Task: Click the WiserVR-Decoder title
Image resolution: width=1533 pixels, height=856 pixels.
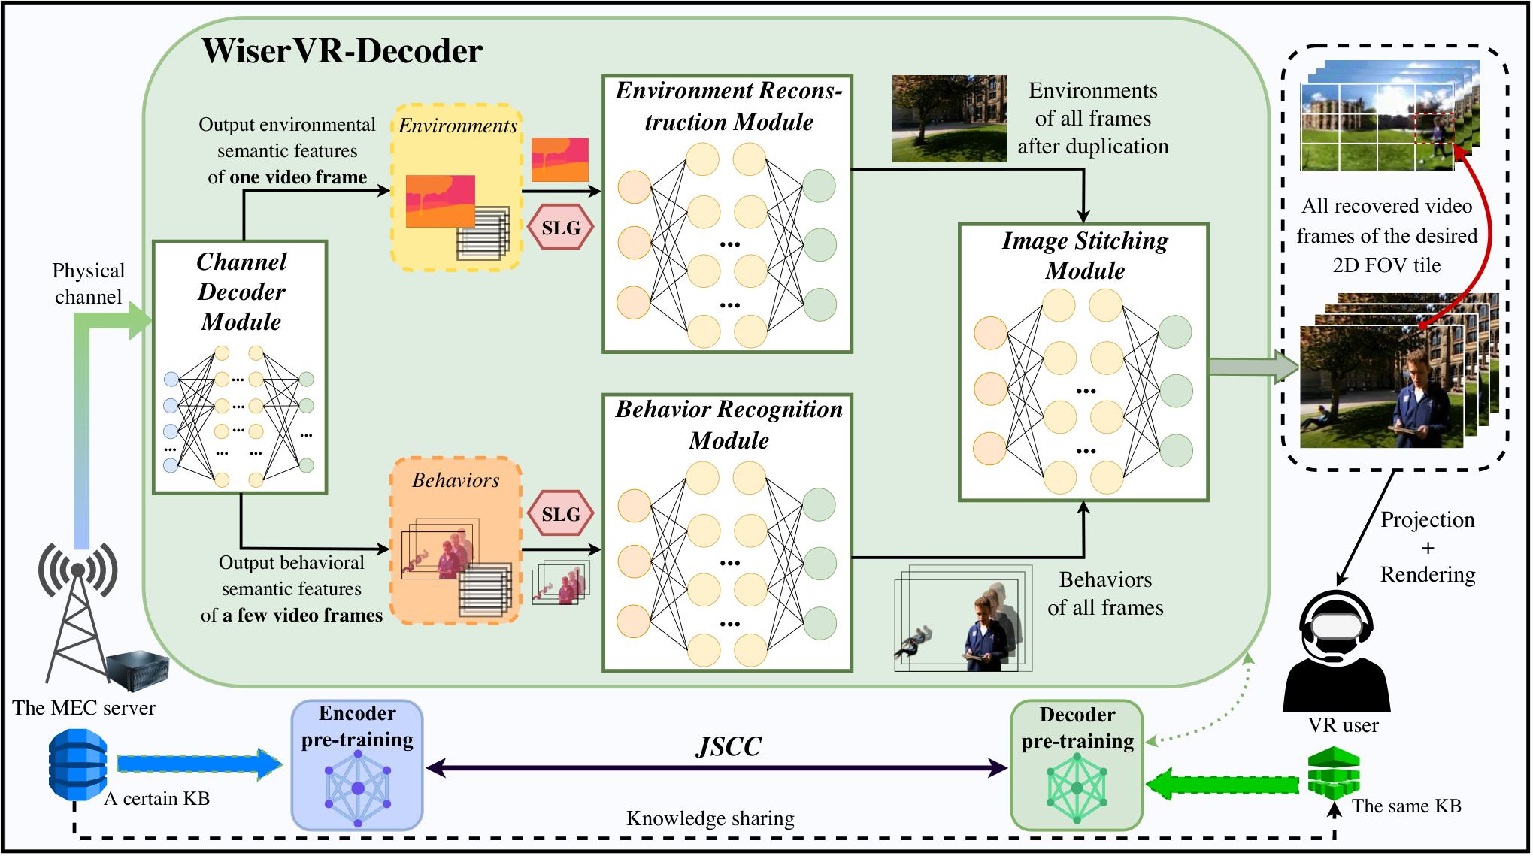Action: click(342, 51)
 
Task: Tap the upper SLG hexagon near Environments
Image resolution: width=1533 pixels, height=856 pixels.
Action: click(561, 227)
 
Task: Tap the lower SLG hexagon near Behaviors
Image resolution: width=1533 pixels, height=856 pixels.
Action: click(561, 513)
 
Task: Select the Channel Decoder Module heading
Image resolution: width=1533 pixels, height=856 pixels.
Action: click(241, 292)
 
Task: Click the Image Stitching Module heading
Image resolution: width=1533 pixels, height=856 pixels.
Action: click(1085, 256)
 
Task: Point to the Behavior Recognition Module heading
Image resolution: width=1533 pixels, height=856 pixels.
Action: click(729, 425)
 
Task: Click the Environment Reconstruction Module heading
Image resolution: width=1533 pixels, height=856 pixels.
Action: click(729, 106)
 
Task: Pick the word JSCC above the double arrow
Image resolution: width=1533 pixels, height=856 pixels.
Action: click(729, 746)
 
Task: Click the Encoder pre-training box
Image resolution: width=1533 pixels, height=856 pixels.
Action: click(357, 765)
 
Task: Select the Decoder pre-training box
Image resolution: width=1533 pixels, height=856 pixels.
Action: click(1077, 766)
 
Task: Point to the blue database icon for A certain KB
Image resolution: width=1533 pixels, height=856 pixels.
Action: click(77, 765)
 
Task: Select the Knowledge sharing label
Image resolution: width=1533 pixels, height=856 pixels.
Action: click(710, 818)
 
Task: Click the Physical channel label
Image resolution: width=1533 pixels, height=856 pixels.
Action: click(88, 283)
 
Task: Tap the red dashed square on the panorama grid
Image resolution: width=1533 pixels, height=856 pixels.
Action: click(1435, 129)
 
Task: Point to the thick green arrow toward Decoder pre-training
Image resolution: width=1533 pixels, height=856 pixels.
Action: click(1222, 785)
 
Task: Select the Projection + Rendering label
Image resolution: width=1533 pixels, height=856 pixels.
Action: click(1427, 547)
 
